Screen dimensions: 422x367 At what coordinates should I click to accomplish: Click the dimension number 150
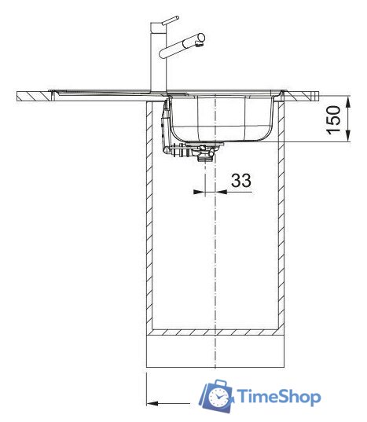[335, 119]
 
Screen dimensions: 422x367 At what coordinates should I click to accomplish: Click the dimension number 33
[241, 181]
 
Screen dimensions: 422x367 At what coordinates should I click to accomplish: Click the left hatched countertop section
[35, 96]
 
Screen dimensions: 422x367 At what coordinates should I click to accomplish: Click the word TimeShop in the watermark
[279, 397]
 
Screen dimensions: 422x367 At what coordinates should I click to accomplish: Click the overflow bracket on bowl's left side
[167, 126]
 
